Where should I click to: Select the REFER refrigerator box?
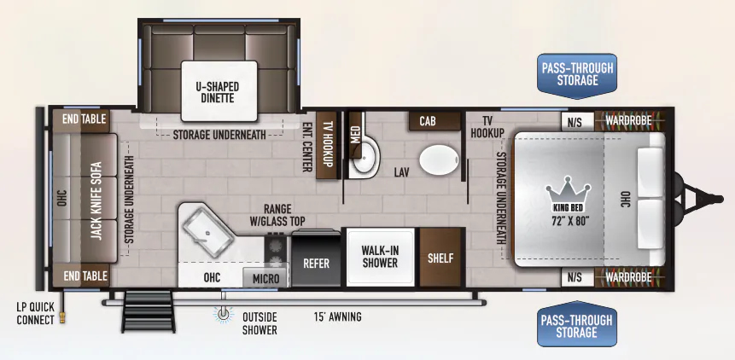coord(317,258)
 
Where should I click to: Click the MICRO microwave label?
coord(265,279)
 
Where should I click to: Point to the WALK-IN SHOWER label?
coord(380,257)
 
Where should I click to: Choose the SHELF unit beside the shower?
coord(440,257)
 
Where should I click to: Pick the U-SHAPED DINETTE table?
coord(219,90)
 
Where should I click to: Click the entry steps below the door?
coord(149,311)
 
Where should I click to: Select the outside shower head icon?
coord(223,314)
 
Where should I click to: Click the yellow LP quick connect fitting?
coord(64,319)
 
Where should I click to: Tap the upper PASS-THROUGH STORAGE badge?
coord(577,75)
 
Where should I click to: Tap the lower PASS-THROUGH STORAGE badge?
coord(577,326)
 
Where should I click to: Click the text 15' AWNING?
coord(337,317)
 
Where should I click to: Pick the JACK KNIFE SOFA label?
coord(96,200)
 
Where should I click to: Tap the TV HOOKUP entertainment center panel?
coord(327,145)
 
